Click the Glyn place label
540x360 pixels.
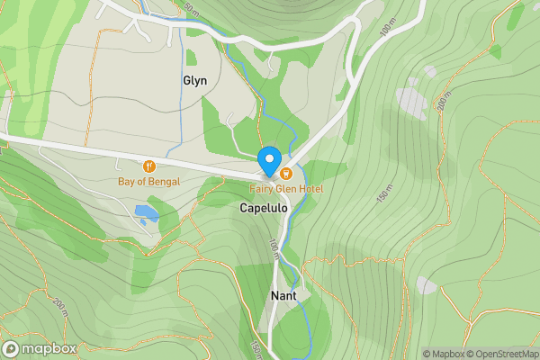[194, 80]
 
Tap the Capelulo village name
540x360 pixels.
[264, 208]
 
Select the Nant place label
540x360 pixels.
[283, 295]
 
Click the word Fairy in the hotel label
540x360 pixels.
[263, 189]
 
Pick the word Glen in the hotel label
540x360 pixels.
[285, 189]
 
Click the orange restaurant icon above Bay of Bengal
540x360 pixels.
[148, 166]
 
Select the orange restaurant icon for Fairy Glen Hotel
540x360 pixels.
[285, 173]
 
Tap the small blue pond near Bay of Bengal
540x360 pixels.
[146, 213]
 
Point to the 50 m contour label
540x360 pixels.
[190, 9]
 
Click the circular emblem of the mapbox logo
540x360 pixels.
[12, 348]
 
